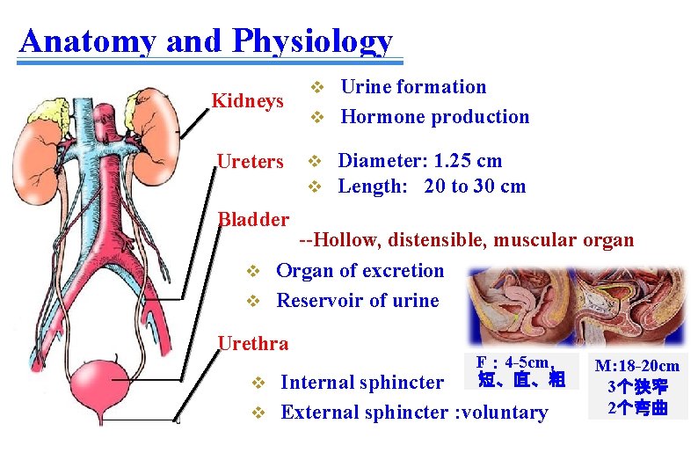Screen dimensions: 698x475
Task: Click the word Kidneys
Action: point(247,101)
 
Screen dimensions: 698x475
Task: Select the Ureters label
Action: point(250,162)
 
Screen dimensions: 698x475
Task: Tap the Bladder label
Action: point(253,219)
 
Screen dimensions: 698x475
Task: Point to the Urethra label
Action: point(252,342)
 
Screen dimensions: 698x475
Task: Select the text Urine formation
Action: point(412,86)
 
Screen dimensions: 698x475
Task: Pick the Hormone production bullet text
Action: point(434,116)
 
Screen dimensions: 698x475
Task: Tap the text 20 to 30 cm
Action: point(474,186)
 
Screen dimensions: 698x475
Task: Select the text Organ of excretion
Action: point(360,270)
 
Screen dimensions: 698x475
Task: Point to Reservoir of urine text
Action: point(357,300)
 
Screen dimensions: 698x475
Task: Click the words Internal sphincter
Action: point(361,382)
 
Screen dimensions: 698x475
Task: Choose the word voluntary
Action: point(505,412)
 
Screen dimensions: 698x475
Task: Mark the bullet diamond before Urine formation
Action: point(319,87)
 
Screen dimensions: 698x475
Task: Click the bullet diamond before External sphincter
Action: point(258,412)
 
